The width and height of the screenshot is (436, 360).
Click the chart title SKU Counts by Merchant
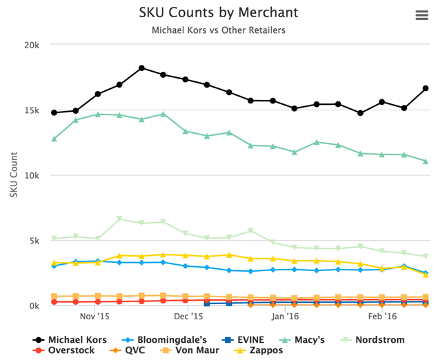(x=218, y=12)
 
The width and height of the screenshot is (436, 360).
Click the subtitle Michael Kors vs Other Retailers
(x=218, y=30)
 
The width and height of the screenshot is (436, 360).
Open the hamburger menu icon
(x=422, y=16)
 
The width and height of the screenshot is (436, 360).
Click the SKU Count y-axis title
(x=14, y=175)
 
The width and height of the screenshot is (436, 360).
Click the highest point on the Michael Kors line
(x=141, y=68)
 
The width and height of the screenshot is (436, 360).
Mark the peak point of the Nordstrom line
(x=120, y=219)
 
